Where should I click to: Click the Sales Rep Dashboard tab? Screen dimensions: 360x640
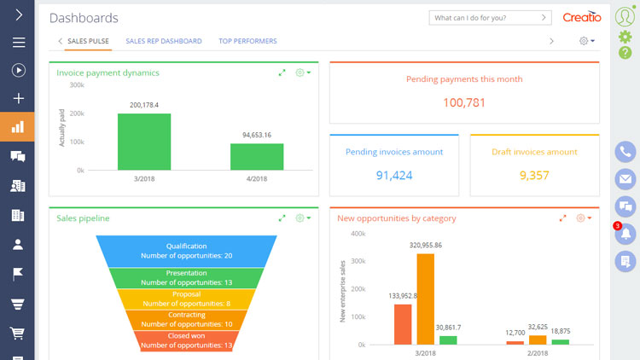click(x=163, y=41)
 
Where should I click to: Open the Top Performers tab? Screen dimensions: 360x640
click(x=247, y=41)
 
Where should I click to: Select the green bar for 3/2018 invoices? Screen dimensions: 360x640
click(x=144, y=142)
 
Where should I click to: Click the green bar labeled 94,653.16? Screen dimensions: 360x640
click(x=257, y=157)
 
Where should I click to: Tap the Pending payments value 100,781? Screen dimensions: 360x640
click(x=464, y=102)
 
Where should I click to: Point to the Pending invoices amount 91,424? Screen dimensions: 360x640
click(x=393, y=176)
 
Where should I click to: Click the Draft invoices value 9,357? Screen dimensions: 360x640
click(x=534, y=176)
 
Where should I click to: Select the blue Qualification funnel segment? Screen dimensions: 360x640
click(x=186, y=251)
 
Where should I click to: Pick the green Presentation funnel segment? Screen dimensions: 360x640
click(x=186, y=277)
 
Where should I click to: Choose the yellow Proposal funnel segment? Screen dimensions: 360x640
click(x=186, y=299)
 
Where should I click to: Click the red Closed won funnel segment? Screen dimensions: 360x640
click(x=186, y=340)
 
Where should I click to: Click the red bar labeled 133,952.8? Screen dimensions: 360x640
click(x=403, y=324)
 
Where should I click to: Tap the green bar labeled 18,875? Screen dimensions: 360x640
click(x=560, y=341)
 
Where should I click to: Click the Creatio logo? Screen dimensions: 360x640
click(x=582, y=17)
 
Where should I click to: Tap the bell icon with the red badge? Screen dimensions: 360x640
click(x=625, y=233)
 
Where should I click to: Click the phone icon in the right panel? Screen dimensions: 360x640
click(x=625, y=152)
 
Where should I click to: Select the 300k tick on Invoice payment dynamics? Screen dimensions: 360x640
click(x=77, y=85)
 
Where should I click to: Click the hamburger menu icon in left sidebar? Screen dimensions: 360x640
click(x=18, y=42)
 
